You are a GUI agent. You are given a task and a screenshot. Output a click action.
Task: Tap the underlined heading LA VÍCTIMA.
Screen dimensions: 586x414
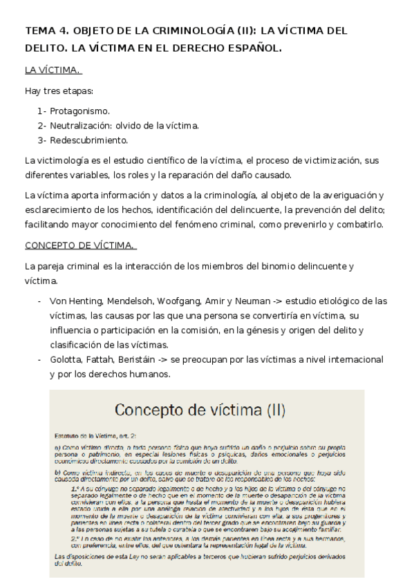click(x=53, y=70)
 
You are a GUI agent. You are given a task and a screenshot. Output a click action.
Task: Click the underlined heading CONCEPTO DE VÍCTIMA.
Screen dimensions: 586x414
click(x=79, y=245)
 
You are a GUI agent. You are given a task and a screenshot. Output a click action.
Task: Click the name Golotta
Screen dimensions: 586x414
click(x=66, y=359)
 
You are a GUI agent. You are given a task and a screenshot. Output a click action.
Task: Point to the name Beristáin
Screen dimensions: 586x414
click(x=142, y=359)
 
